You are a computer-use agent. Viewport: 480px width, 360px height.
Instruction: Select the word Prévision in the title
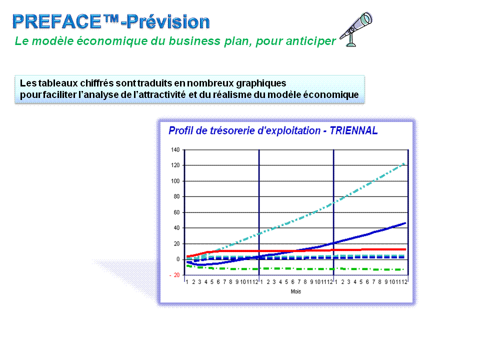point(168,21)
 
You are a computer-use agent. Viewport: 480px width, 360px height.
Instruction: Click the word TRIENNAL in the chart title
point(353,130)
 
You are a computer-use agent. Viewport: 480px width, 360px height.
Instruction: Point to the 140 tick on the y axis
point(175,149)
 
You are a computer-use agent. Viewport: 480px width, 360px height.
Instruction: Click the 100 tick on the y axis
point(175,181)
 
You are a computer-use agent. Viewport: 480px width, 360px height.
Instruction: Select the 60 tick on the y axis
point(176,212)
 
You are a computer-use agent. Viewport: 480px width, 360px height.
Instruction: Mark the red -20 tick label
point(175,275)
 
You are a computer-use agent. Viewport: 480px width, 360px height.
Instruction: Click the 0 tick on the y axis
point(178,259)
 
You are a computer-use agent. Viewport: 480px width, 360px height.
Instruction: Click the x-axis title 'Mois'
point(295,291)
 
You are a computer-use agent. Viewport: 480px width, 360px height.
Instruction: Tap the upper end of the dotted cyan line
point(405,164)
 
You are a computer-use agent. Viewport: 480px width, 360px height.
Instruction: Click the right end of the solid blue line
point(406,223)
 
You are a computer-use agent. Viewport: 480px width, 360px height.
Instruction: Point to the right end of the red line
point(406,249)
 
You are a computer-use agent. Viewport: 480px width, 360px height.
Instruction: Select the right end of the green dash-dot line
point(404,269)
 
